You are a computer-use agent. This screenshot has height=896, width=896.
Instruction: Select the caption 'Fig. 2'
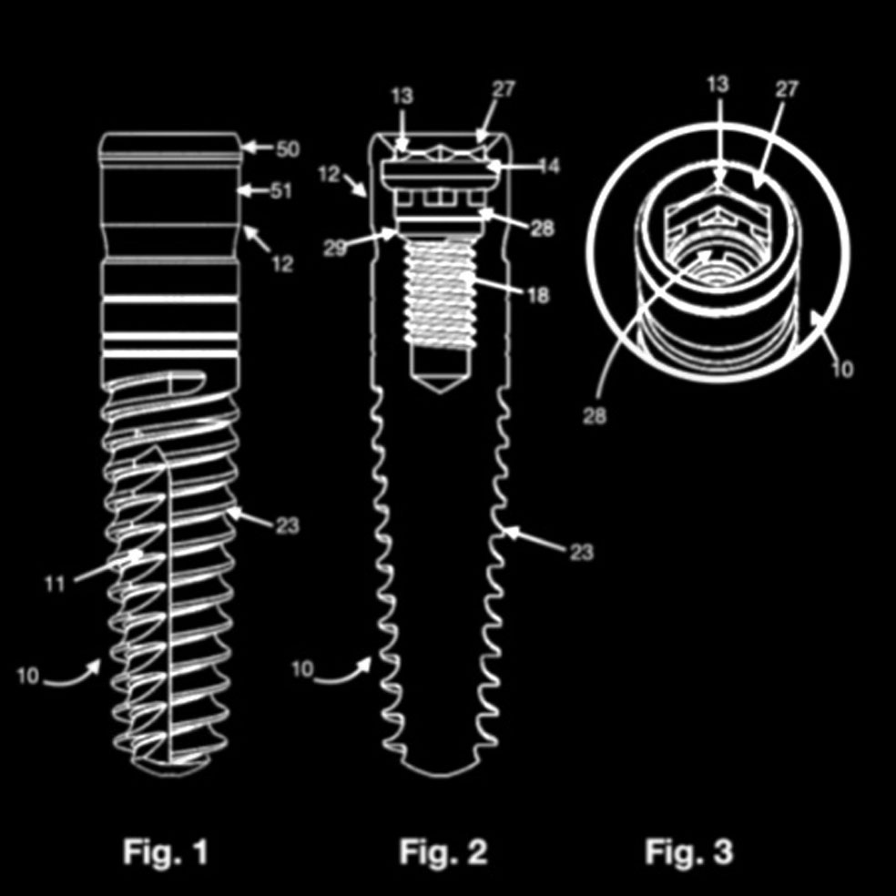[443, 852]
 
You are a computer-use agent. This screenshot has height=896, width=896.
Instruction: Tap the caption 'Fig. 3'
[688, 852]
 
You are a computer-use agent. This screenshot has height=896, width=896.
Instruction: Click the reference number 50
[287, 149]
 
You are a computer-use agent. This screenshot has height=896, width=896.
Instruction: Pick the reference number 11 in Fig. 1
[56, 584]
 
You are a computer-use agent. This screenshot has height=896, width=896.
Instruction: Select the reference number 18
[537, 295]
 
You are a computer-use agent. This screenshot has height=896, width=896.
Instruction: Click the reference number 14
[548, 167]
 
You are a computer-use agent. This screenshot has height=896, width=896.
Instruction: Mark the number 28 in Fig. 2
[541, 228]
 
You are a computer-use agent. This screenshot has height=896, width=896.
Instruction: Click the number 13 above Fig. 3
[718, 84]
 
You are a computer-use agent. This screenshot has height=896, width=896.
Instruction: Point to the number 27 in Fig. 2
[504, 89]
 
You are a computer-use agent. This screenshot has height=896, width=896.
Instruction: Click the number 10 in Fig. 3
[842, 371]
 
